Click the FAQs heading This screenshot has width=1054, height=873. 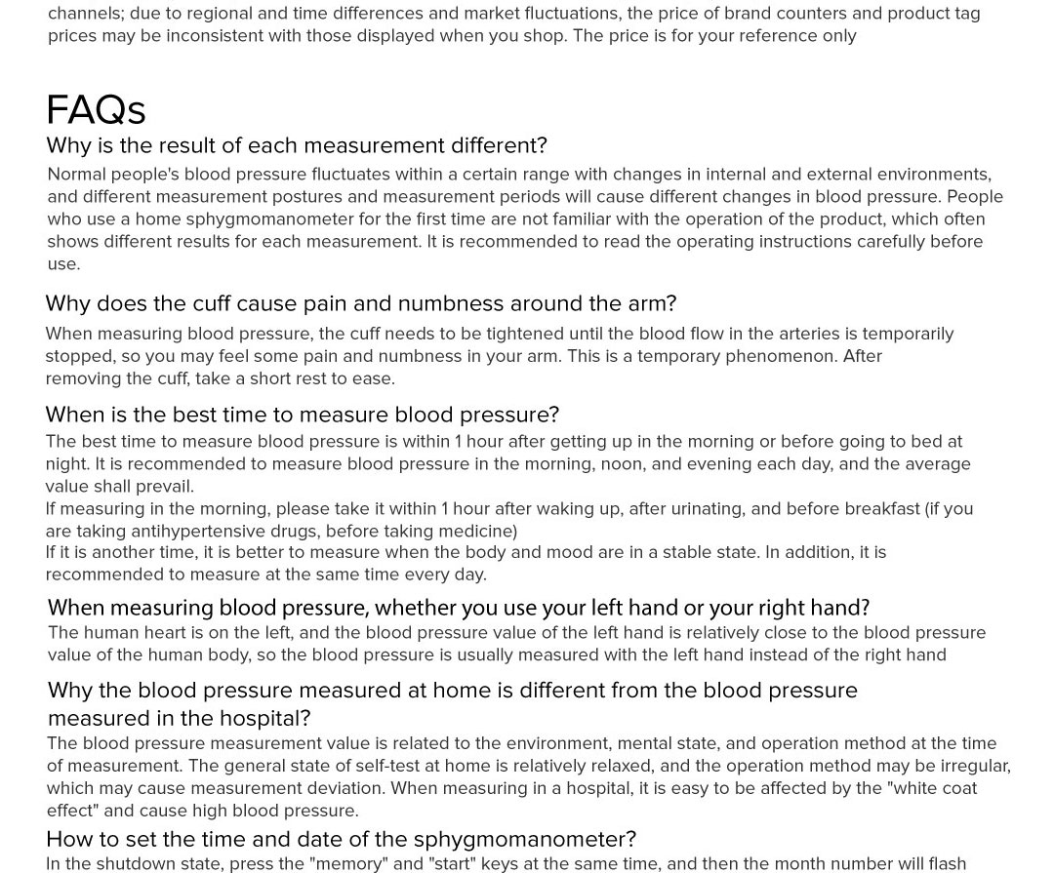(x=96, y=110)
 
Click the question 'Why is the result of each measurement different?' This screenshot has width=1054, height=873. (x=296, y=145)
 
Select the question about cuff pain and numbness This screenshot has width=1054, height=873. (x=360, y=304)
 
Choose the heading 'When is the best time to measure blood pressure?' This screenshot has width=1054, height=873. (x=302, y=415)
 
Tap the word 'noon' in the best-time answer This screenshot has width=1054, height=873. (x=621, y=464)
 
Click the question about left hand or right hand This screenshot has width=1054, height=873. (x=458, y=608)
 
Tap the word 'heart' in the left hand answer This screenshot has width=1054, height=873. (x=170, y=633)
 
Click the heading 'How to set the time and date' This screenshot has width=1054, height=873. (x=341, y=839)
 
